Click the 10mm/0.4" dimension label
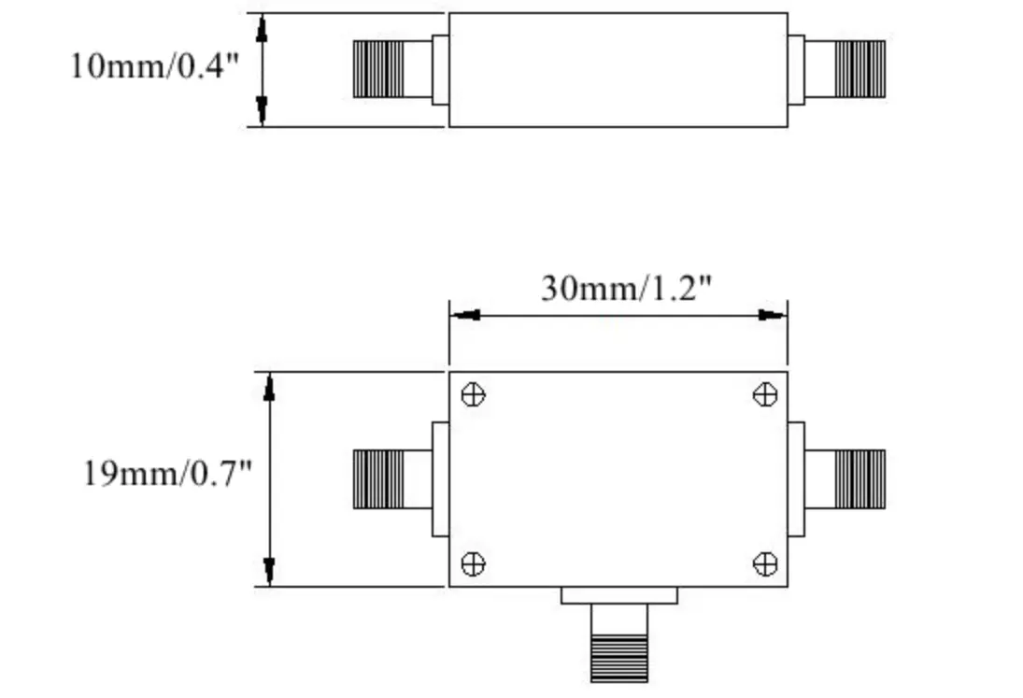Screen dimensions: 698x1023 click(155, 66)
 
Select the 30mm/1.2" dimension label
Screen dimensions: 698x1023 click(626, 288)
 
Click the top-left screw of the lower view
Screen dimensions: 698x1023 click(473, 394)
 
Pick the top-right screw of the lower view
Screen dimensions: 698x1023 click(764, 394)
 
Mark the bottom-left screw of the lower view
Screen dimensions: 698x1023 click(473, 563)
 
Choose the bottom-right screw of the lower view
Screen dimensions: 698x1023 click(764, 563)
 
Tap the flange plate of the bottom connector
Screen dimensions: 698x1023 click(618, 595)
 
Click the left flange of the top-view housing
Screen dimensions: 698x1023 click(440, 479)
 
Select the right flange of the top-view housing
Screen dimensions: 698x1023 click(796, 479)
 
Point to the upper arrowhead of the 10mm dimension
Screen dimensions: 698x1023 click(263, 28)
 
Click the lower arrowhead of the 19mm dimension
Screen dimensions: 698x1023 click(269, 571)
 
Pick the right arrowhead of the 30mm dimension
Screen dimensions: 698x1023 click(772, 315)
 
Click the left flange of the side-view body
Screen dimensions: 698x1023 click(440, 69)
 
